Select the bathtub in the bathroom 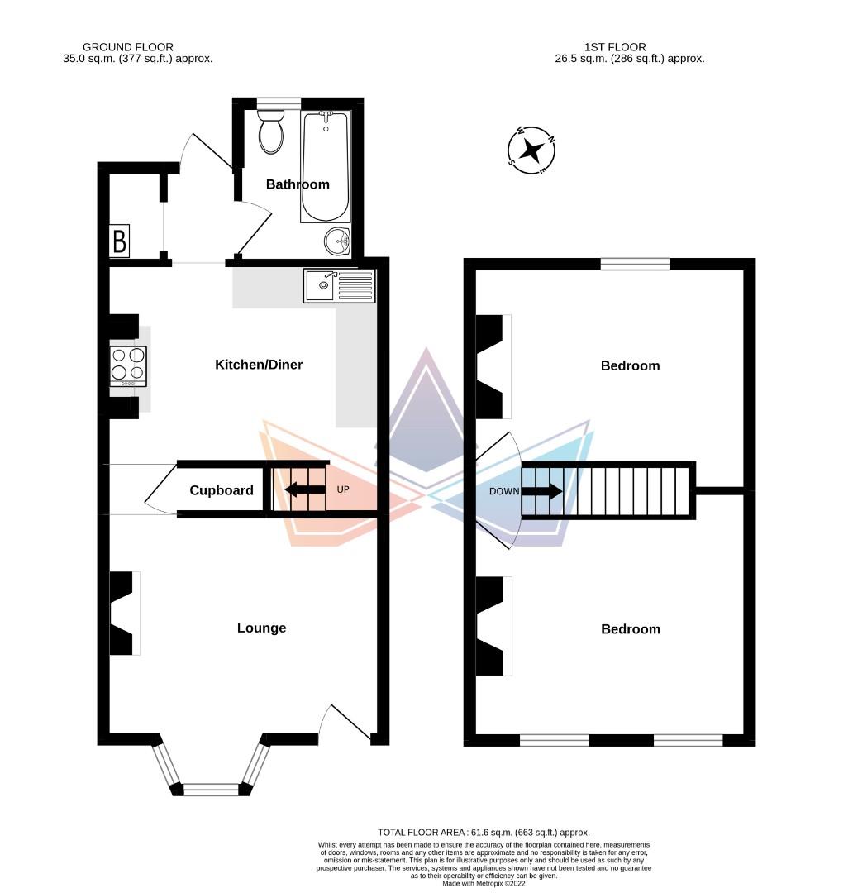[x=324, y=167]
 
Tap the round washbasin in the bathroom [x=337, y=241]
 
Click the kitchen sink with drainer [x=339, y=285]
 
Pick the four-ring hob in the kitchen [x=128, y=365]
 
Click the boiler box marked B [x=119, y=241]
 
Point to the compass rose [x=531, y=150]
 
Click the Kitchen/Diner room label [x=259, y=365]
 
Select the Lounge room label [x=261, y=628]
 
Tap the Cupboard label [x=222, y=490]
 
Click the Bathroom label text [x=298, y=184]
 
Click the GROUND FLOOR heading [x=129, y=47]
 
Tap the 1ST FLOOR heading [x=613, y=47]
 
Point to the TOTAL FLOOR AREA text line [x=484, y=832]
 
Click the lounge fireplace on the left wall [x=123, y=613]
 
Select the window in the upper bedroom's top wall [x=635, y=265]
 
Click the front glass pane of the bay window [x=210, y=790]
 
